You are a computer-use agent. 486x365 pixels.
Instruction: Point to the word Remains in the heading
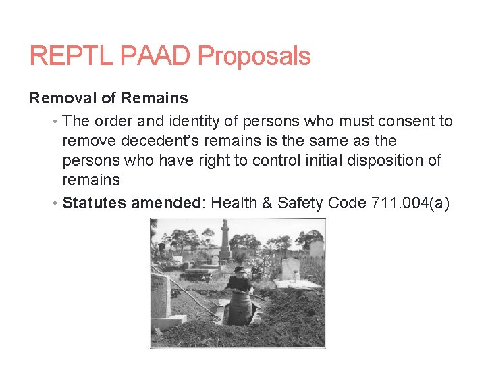point(156,98)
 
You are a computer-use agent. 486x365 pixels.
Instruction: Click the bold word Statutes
point(94,203)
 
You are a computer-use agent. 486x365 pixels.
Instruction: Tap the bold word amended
point(165,203)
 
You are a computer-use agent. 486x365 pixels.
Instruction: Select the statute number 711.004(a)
point(410,203)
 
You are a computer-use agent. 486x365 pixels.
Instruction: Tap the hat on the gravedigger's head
point(239,270)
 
